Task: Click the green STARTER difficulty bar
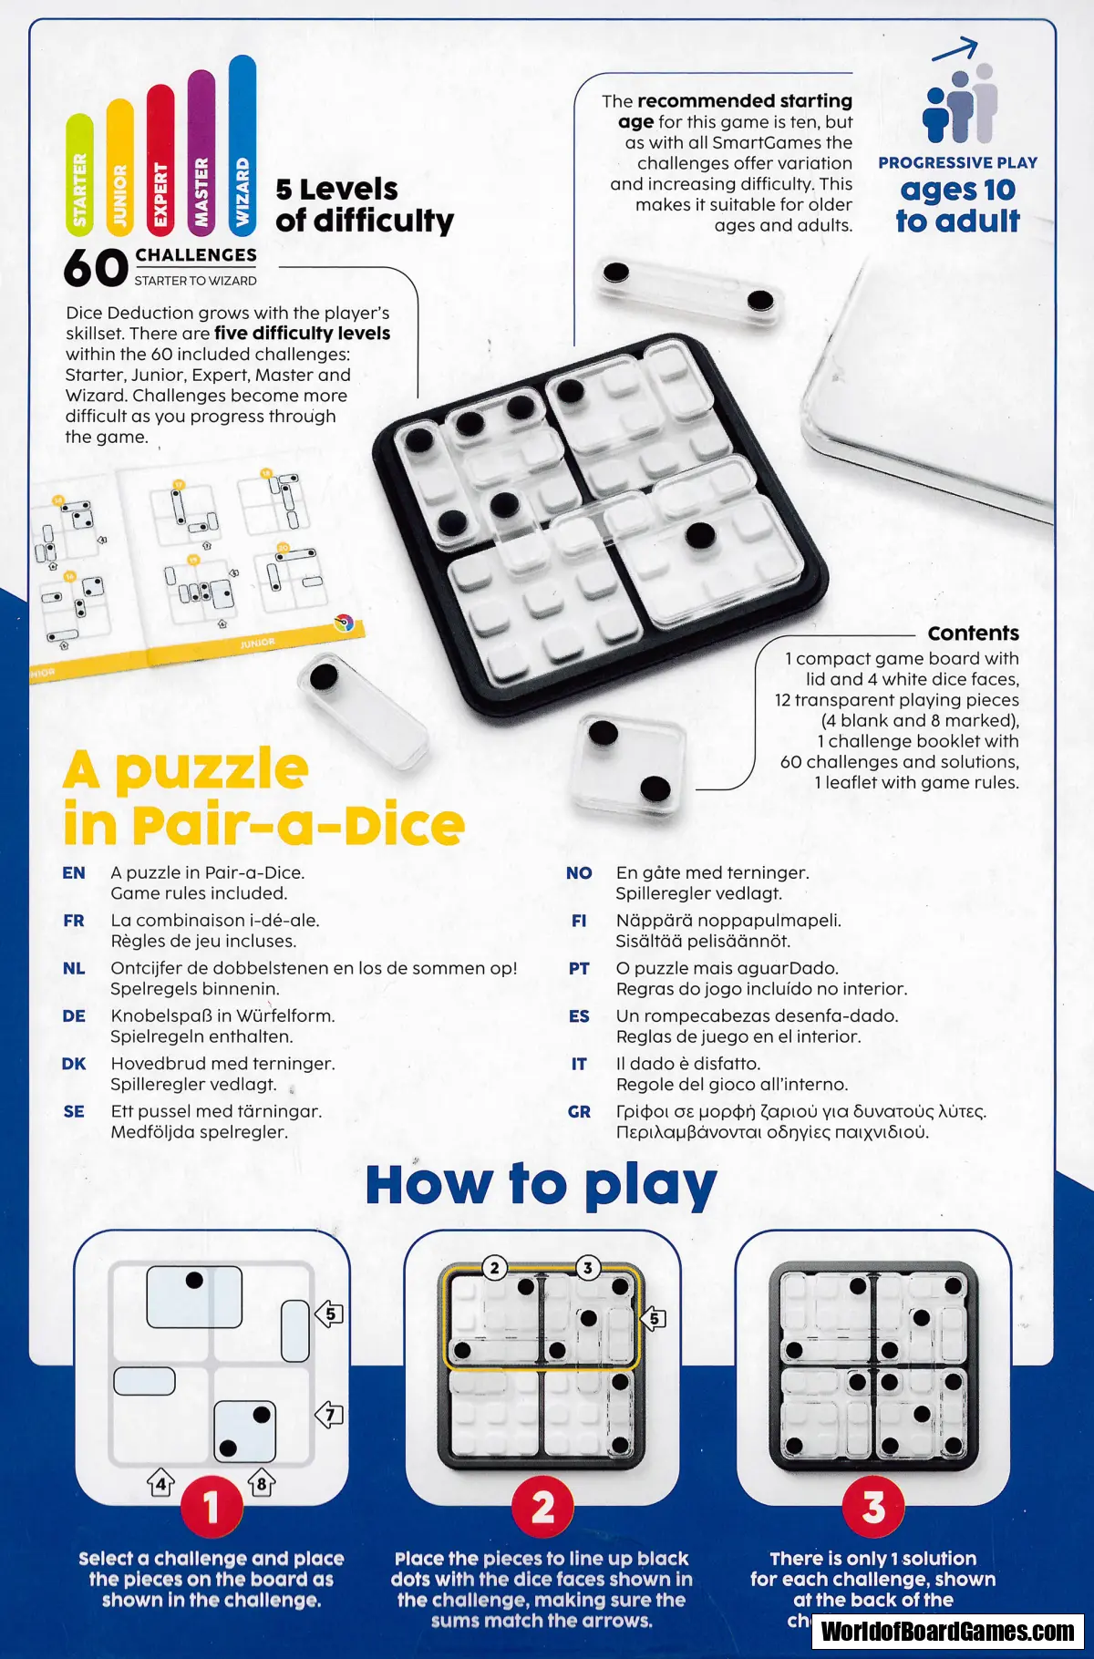click(x=79, y=173)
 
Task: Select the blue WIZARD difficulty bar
click(x=243, y=144)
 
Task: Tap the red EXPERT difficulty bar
click(x=160, y=159)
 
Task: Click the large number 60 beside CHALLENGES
click(x=96, y=268)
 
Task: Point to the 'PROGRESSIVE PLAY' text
click(x=957, y=163)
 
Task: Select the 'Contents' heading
click(x=973, y=633)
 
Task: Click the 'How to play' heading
click(x=542, y=1185)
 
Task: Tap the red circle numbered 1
click(x=212, y=1508)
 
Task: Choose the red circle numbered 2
click(x=542, y=1508)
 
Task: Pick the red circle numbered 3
click(x=873, y=1508)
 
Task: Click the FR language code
click(x=74, y=921)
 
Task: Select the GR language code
click(x=579, y=1112)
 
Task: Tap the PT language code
click(x=579, y=968)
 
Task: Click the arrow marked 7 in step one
click(x=329, y=1415)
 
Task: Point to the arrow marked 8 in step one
click(x=262, y=1482)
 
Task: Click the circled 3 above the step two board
click(x=588, y=1267)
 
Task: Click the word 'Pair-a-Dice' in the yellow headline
click(x=298, y=826)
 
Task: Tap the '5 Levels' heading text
click(x=336, y=190)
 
